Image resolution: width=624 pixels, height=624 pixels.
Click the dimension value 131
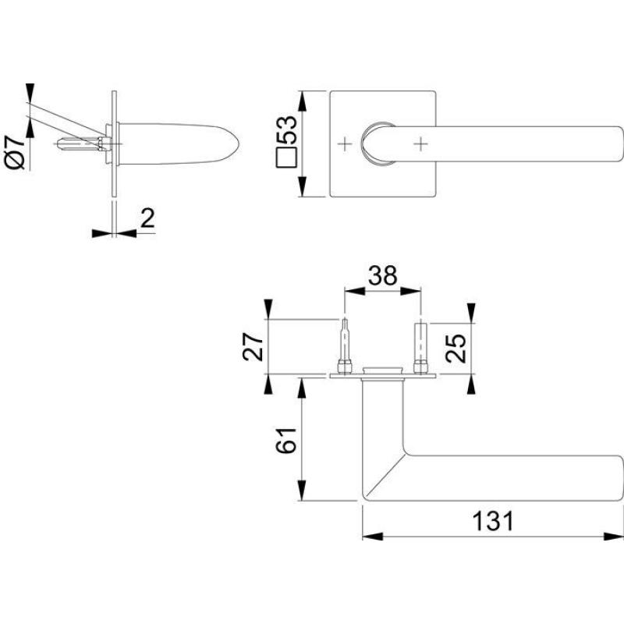[x=493, y=521]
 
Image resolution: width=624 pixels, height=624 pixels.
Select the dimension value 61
[x=286, y=441]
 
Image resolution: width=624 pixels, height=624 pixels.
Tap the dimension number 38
[x=382, y=275]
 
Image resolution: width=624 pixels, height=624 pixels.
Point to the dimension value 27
[x=253, y=347]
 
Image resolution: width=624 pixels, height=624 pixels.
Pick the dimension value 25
[x=456, y=348]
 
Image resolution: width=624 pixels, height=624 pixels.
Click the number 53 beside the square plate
[x=286, y=129]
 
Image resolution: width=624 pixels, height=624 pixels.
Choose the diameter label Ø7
[x=16, y=153]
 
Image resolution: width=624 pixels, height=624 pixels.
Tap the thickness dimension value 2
[x=147, y=218]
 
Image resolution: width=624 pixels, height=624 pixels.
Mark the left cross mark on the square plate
[x=345, y=144]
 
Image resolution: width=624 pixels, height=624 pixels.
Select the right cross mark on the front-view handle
[x=420, y=144]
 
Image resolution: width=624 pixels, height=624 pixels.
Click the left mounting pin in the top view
[x=345, y=346]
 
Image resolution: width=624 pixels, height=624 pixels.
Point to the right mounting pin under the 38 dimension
[x=420, y=348]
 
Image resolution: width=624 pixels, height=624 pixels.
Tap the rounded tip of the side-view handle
[x=238, y=144]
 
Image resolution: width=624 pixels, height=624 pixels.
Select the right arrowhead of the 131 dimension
[x=614, y=537]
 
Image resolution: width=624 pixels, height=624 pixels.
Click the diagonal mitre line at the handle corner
[x=384, y=477]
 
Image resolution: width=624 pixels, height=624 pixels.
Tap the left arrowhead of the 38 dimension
[x=355, y=291]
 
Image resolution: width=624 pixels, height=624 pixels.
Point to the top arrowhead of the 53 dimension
[x=302, y=101]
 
